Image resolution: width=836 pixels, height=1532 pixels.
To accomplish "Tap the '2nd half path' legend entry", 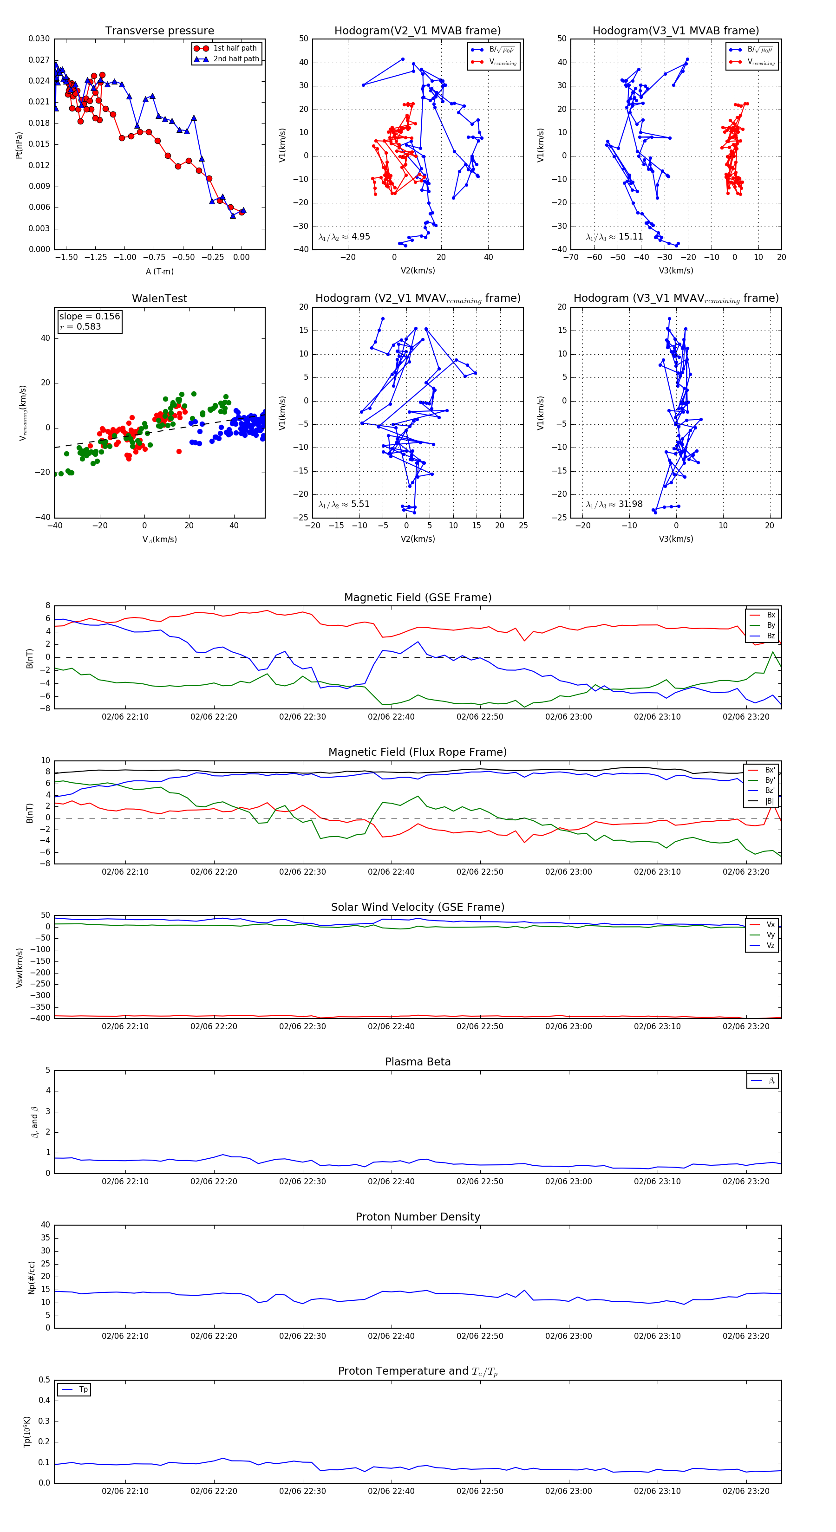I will click(x=235, y=59).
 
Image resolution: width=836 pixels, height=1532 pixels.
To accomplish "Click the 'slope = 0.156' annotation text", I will click(x=89, y=317).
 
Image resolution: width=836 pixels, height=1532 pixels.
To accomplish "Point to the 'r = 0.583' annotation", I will click(x=80, y=326).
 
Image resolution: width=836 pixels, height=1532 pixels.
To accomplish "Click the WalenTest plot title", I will click(x=159, y=299).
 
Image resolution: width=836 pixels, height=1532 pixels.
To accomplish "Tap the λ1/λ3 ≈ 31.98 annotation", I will click(x=614, y=504).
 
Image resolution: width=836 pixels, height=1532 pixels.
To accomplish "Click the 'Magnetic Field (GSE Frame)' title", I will click(x=418, y=597).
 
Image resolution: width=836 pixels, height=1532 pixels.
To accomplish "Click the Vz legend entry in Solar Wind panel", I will click(x=770, y=946).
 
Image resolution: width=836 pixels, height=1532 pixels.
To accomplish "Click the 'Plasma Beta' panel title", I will click(x=418, y=1062).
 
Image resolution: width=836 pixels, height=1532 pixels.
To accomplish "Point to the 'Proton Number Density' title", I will click(x=418, y=1217).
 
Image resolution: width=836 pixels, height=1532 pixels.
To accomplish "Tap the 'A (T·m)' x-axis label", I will click(x=159, y=272).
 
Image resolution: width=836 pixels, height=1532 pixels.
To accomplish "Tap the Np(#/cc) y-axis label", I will click(x=32, y=1278).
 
